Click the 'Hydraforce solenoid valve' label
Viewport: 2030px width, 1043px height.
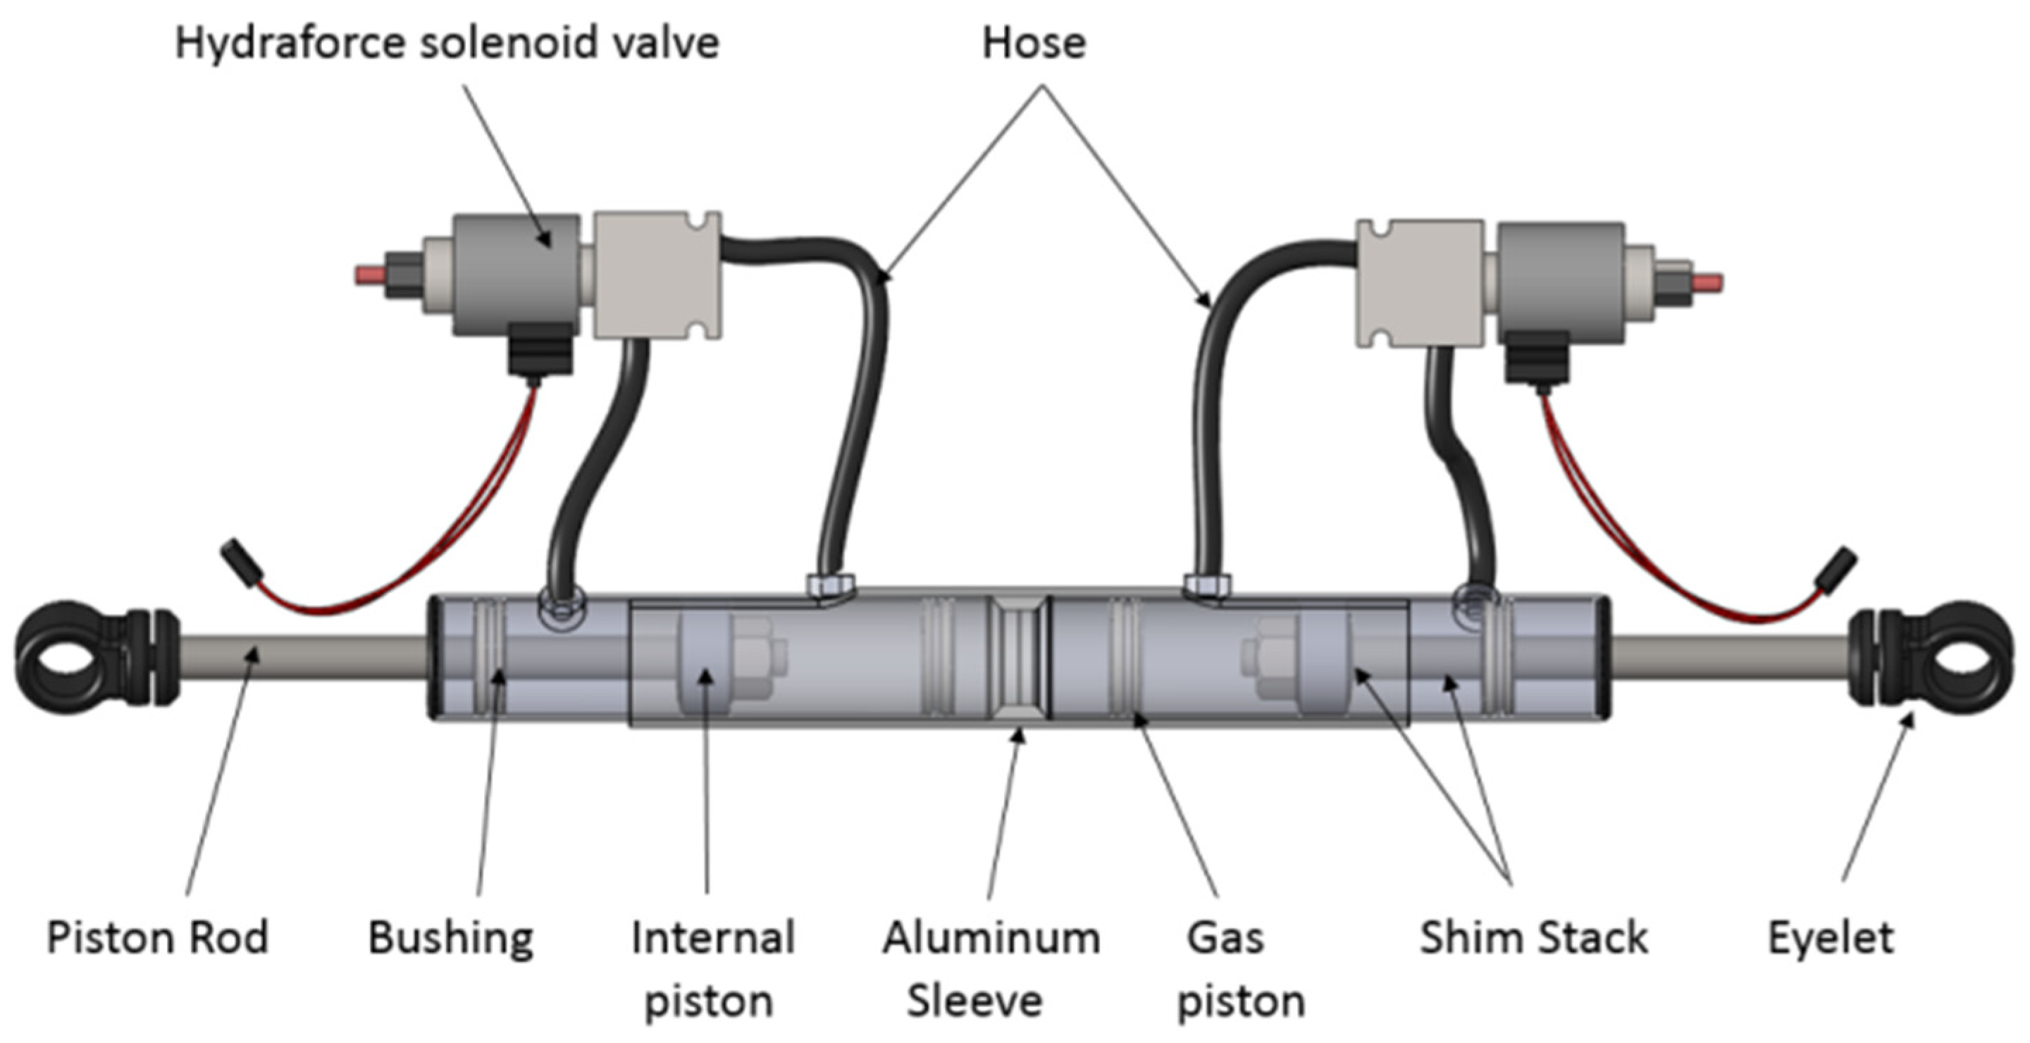pyautogui.click(x=447, y=42)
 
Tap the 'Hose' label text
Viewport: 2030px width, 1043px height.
pyautogui.click(x=1033, y=42)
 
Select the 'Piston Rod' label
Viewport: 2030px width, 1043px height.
pyautogui.click(x=158, y=937)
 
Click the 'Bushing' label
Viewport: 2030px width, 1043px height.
pyautogui.click(x=450, y=937)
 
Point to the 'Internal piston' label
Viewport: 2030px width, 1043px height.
pyautogui.click(x=712, y=969)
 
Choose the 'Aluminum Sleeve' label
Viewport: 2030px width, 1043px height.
pyautogui.click(x=990, y=969)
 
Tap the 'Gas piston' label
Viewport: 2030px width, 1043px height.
pyautogui.click(x=1239, y=969)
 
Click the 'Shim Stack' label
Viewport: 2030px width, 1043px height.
pyautogui.click(x=1533, y=937)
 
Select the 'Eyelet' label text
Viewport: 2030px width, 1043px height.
pyautogui.click(x=1831, y=937)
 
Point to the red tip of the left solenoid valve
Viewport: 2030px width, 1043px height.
pyautogui.click(x=369, y=275)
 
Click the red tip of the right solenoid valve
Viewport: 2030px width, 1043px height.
pyautogui.click(x=1709, y=282)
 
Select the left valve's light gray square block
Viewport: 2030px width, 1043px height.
pyautogui.click(x=656, y=275)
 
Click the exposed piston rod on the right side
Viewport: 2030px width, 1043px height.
pyautogui.click(x=1726, y=658)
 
